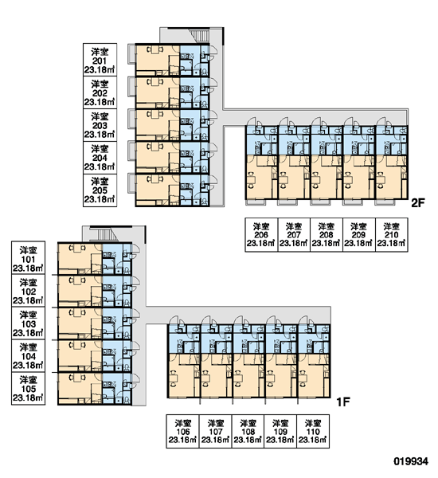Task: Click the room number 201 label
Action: tap(100, 61)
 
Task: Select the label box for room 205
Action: tap(100, 190)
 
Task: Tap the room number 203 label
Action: tap(100, 126)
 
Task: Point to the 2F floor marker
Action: tap(417, 203)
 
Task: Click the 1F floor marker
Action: tap(343, 402)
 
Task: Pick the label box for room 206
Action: tap(261, 235)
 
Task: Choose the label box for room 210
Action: tap(392, 235)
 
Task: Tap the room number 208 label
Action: tap(327, 235)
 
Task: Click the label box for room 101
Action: tap(28, 258)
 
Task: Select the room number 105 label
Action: tap(28, 389)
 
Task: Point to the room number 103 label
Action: tap(28, 324)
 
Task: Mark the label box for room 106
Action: tap(182, 431)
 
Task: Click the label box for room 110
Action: tap(313, 431)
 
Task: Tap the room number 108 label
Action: tap(248, 432)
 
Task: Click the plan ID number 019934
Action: tap(411, 461)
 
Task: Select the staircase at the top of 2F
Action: tap(199, 35)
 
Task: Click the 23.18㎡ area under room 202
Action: tap(100, 102)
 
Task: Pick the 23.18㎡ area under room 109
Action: tap(280, 440)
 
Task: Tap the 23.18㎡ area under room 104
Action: tap(28, 365)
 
